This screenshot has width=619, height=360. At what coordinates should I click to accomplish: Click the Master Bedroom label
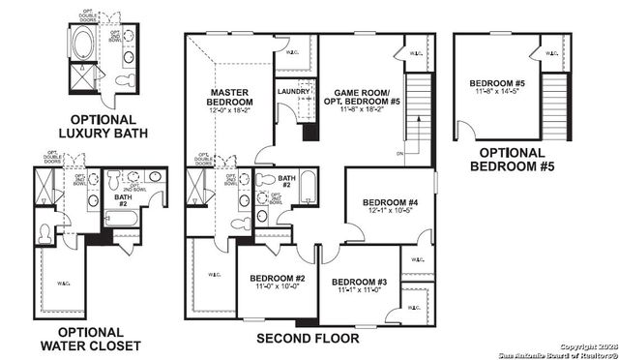coord(230,97)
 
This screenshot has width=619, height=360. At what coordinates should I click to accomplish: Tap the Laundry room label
coord(292,92)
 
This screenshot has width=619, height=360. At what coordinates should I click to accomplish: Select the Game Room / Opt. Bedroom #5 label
coord(367,93)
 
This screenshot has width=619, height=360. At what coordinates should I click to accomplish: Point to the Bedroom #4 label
coord(391,202)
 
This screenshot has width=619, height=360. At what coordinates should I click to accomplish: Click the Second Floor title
coord(308,339)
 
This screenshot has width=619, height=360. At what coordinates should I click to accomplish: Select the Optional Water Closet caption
coord(91,339)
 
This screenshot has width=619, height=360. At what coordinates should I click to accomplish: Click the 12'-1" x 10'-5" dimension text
coord(391,212)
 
